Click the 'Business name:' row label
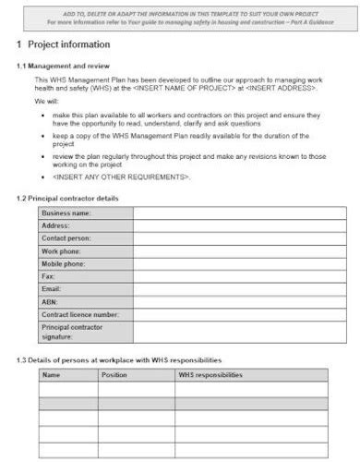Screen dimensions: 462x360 66,213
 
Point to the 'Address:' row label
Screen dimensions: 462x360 55,225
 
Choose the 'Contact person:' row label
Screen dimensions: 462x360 66,238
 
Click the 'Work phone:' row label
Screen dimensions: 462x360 61,251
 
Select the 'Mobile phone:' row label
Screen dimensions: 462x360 63,264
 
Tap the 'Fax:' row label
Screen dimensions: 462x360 48,276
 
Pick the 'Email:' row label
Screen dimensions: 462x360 51,289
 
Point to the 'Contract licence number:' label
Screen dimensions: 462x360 80,314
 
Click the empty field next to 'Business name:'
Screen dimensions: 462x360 230,213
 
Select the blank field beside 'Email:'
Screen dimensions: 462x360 230,289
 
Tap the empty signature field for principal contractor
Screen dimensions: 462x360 230,333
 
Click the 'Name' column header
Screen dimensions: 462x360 52,375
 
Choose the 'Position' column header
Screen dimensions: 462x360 114,375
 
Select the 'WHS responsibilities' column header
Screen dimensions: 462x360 210,375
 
